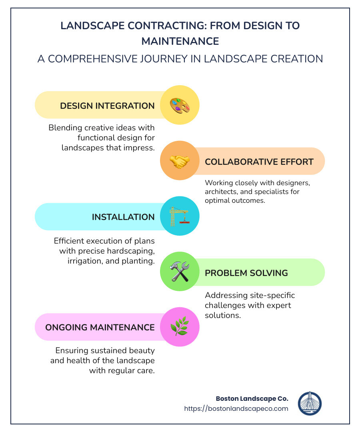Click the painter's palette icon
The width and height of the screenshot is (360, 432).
tap(180, 106)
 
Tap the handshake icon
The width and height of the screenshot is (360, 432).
tap(180, 161)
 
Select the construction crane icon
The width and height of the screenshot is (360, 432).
tap(180, 216)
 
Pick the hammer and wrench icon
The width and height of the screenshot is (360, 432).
tap(180, 272)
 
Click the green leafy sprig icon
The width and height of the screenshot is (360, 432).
tap(180, 327)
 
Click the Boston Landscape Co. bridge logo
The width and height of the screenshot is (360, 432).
tap(310, 404)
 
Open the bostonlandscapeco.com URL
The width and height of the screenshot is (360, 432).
tap(236, 408)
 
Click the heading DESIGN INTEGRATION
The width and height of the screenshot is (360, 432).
tap(107, 106)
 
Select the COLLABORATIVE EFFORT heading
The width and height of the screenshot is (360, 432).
tap(259, 162)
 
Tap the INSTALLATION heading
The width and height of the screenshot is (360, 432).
tap(123, 217)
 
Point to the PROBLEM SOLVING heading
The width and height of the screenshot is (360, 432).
tap(246, 273)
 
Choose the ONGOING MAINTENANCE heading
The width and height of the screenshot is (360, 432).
tap(100, 328)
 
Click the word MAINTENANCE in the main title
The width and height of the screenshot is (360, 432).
tap(180, 41)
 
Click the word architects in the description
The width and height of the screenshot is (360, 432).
tap(220, 192)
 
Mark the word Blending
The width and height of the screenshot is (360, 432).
tap(64, 128)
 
